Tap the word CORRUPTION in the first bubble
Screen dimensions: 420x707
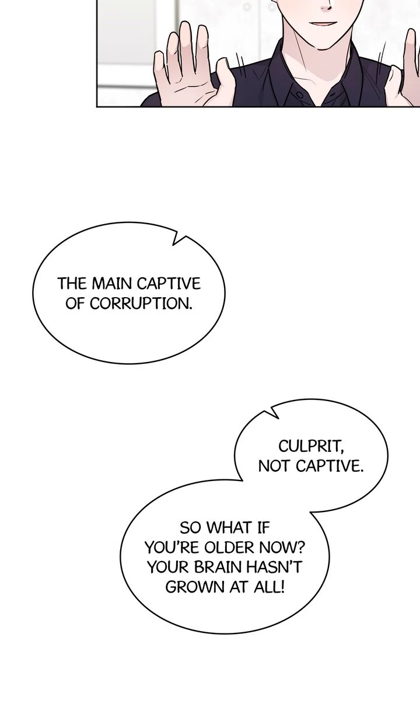pyautogui.click(x=141, y=304)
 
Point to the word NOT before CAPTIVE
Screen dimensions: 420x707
pyautogui.click(x=275, y=466)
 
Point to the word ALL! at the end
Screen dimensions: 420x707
pyautogui.click(x=269, y=587)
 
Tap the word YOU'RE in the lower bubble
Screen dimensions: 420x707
pyautogui.click(x=173, y=548)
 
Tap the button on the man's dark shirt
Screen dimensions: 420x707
pyautogui.click(x=299, y=95)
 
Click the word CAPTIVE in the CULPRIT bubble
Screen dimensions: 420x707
pyautogui.click(x=330, y=466)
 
